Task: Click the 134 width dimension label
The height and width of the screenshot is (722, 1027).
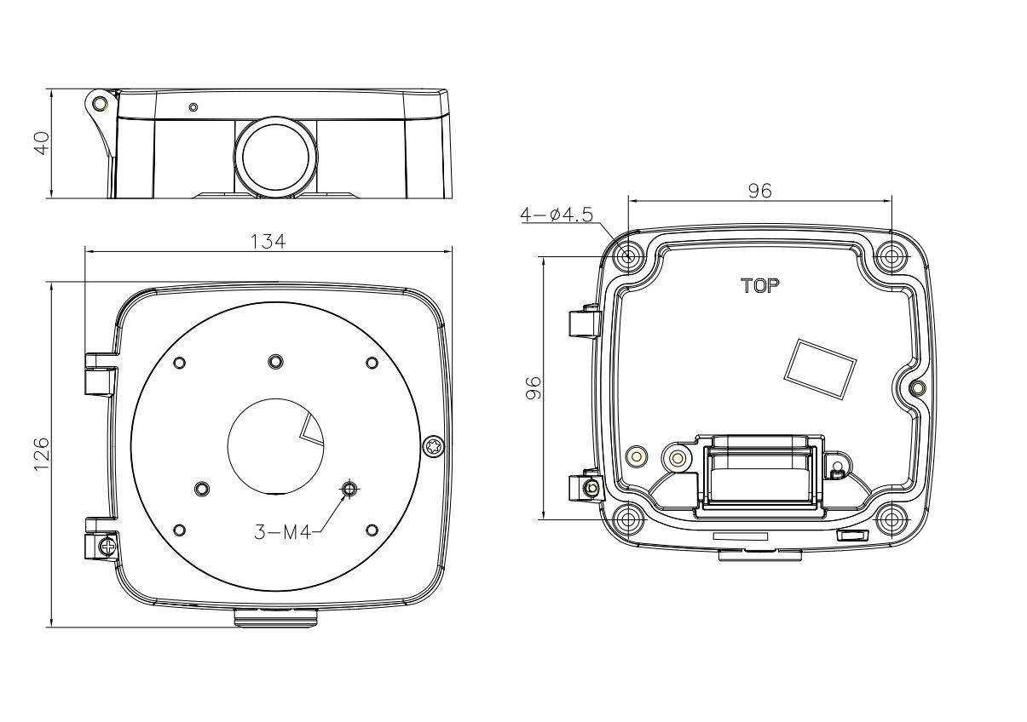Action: pyautogui.click(x=268, y=241)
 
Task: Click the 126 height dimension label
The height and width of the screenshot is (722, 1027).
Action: pyautogui.click(x=41, y=456)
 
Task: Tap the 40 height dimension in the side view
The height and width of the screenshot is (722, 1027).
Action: pyautogui.click(x=41, y=142)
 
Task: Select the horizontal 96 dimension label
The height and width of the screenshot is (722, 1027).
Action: pyautogui.click(x=759, y=192)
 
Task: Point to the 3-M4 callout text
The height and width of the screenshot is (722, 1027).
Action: pyautogui.click(x=282, y=532)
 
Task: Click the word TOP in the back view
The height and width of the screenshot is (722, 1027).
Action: pyautogui.click(x=759, y=286)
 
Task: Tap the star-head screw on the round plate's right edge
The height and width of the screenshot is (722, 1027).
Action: pyautogui.click(x=435, y=445)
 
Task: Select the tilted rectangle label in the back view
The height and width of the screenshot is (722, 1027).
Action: pyautogui.click(x=820, y=370)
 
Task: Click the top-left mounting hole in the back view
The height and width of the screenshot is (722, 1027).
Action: pyautogui.click(x=630, y=255)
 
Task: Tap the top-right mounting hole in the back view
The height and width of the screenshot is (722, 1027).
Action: pyautogui.click(x=891, y=255)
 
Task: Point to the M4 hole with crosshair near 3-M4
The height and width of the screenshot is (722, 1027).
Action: pyautogui.click(x=349, y=489)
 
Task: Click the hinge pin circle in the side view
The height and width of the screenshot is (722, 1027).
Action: pyautogui.click(x=100, y=104)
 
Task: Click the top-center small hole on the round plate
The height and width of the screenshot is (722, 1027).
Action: pyautogui.click(x=274, y=361)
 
